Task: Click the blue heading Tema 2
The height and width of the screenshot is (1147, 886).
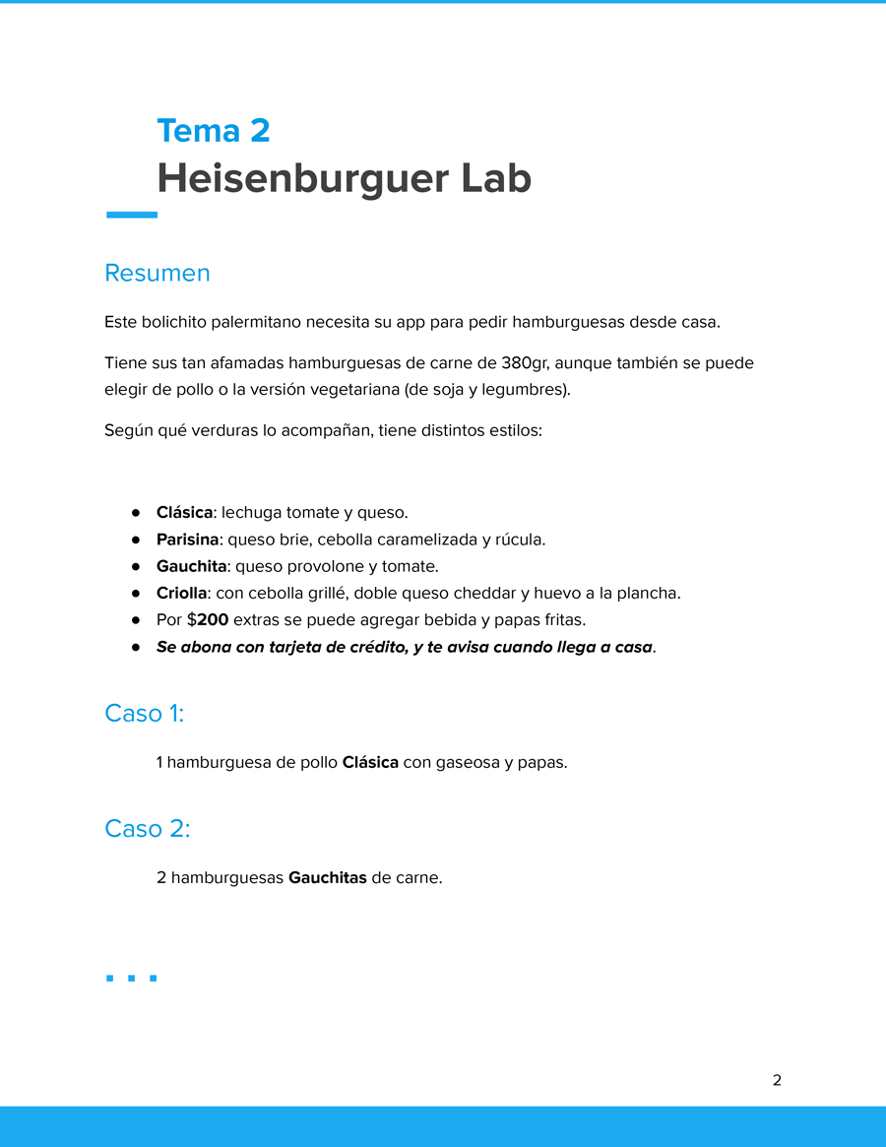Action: pyautogui.click(x=213, y=131)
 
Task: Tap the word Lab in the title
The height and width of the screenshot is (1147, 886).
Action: pyautogui.click(x=495, y=178)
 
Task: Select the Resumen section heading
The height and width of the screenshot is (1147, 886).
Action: pyautogui.click(x=158, y=273)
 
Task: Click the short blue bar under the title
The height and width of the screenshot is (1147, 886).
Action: pyautogui.click(x=131, y=215)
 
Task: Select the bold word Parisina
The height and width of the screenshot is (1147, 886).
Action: pyautogui.click(x=187, y=540)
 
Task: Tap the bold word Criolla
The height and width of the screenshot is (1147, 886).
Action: pyautogui.click(x=182, y=593)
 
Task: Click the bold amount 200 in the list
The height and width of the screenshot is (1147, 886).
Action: pyautogui.click(x=213, y=620)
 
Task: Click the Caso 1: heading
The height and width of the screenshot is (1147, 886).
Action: pyautogui.click(x=144, y=713)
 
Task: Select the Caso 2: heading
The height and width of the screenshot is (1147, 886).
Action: pyautogui.click(x=147, y=829)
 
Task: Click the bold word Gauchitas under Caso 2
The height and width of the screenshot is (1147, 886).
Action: pyautogui.click(x=327, y=877)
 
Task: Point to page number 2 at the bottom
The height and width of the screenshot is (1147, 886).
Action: pyautogui.click(x=777, y=1080)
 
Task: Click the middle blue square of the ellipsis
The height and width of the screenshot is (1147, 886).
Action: pyautogui.click(x=131, y=978)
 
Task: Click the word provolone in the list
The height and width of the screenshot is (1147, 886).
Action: pyautogui.click(x=323, y=566)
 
